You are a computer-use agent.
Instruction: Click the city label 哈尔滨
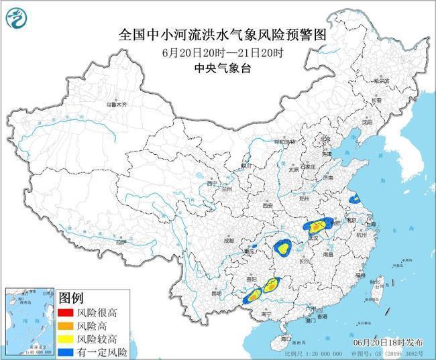pyautogui.click(x=381, y=81)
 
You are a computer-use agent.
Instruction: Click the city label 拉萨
pyautogui.click(x=120, y=241)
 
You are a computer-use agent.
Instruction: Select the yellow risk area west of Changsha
pyautogui.click(x=284, y=249)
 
